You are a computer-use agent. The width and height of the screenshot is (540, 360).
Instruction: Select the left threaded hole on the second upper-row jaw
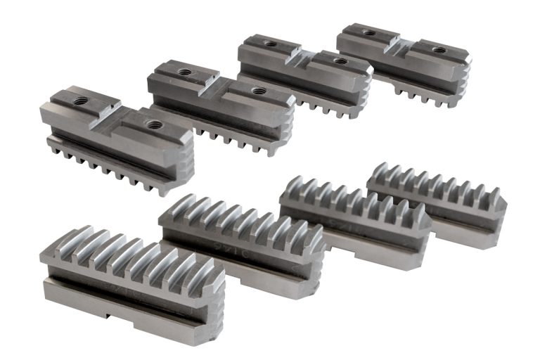click(185, 72)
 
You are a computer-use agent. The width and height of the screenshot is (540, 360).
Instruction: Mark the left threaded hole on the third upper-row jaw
click(271, 43)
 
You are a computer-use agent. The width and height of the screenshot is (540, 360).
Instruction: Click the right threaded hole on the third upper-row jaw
click(341, 61)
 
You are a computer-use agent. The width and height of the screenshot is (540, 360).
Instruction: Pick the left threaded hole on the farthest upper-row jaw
click(369, 32)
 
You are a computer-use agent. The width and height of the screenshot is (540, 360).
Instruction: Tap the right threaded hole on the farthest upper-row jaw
click(439, 50)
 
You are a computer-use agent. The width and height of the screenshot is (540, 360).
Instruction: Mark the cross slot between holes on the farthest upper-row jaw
click(403, 41)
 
